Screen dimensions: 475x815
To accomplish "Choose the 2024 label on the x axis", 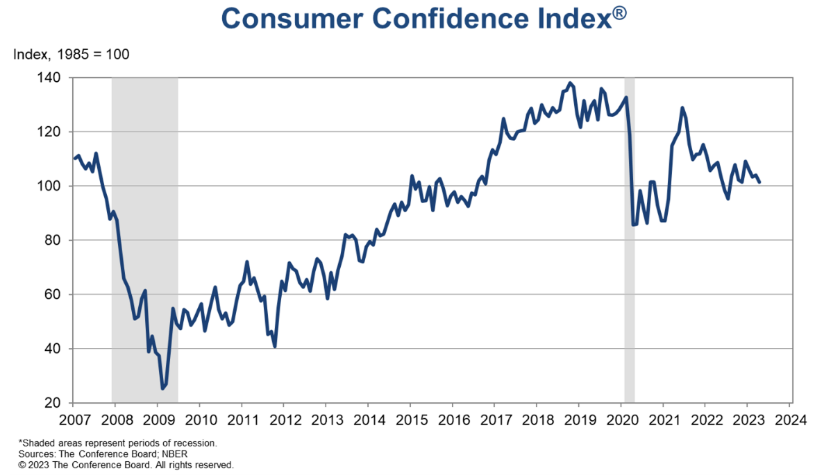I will pyautogui.click(x=790, y=420).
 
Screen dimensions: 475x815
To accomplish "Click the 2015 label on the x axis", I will pyautogui.click(x=410, y=420).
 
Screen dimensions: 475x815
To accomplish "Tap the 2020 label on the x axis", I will pyautogui.click(x=621, y=420).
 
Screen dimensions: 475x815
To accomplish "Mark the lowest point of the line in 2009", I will pyautogui.click(x=162, y=388).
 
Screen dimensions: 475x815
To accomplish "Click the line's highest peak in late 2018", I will pyautogui.click(x=571, y=83).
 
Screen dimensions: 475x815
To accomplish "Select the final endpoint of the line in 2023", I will pyautogui.click(x=760, y=182).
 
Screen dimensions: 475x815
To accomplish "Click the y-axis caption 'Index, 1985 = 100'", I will pyautogui.click(x=71, y=53).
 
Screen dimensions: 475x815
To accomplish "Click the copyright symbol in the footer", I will pyautogui.click(x=22, y=465).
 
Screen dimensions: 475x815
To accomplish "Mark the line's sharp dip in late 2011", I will pyautogui.click(x=276, y=346).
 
